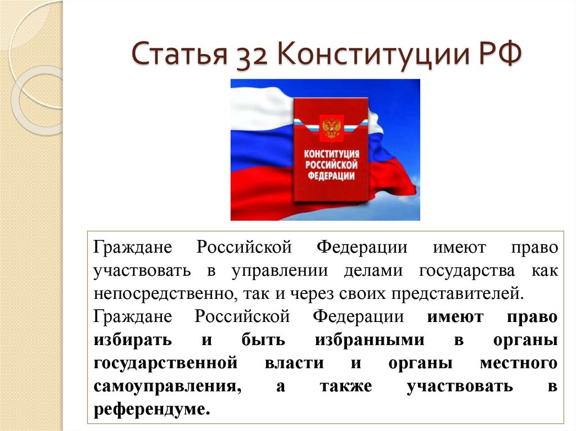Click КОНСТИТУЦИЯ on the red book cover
(x=331, y=154)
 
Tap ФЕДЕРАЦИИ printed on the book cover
(x=331, y=175)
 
